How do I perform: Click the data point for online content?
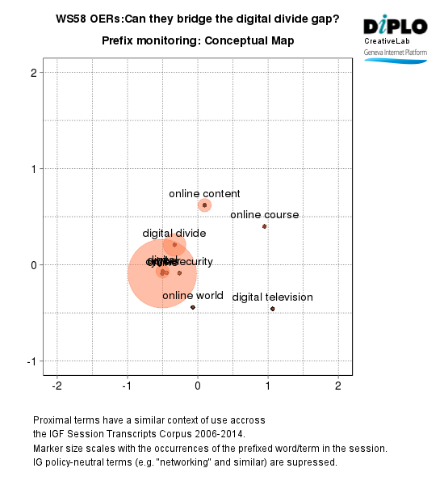click(x=205, y=205)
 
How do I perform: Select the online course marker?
click(x=264, y=226)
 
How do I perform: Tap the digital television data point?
click(x=273, y=309)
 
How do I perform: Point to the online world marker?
click(x=193, y=307)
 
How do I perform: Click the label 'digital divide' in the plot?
click(x=174, y=234)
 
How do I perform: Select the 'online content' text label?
click(x=204, y=194)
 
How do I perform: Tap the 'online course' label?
click(x=264, y=215)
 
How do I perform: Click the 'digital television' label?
click(x=272, y=297)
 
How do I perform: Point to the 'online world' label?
click(x=193, y=296)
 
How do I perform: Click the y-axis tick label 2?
click(x=34, y=73)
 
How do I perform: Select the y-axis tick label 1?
click(x=34, y=169)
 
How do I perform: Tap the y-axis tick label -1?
click(x=31, y=361)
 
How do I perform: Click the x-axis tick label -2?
click(x=57, y=386)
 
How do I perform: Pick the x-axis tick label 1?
click(x=268, y=386)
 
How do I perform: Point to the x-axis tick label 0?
click(x=198, y=386)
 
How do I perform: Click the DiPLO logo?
click(x=395, y=26)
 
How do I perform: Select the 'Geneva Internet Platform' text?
click(x=395, y=51)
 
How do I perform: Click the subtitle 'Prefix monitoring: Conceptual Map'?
click(x=198, y=40)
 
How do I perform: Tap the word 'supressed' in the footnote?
click(x=312, y=462)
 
